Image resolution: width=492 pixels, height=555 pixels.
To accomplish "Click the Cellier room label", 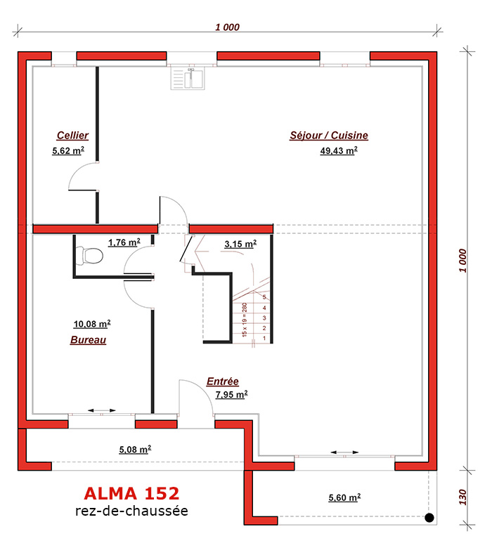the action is (72, 135).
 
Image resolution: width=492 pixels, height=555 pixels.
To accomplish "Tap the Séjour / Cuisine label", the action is (329, 135).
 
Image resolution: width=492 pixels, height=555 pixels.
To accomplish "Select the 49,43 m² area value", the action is (339, 151).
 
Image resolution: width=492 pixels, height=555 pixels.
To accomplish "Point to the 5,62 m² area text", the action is (68, 151).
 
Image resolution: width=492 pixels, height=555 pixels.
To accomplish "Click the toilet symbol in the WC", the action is (90, 256).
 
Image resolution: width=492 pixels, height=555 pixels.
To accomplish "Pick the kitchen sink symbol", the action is (188, 79).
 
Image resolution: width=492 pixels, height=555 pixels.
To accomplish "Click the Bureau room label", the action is (88, 340).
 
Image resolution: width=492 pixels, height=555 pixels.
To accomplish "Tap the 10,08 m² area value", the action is (92, 324).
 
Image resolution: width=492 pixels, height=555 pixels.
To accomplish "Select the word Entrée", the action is (222, 381).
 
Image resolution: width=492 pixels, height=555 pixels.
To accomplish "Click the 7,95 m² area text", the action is (232, 394).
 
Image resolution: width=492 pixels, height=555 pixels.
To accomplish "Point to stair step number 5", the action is (264, 297).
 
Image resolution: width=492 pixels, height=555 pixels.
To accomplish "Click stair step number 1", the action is (264, 339).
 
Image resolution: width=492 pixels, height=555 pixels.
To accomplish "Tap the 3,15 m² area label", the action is (240, 244).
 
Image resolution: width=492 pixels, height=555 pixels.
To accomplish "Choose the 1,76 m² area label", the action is (124, 242).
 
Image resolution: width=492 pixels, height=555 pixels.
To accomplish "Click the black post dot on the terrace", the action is (429, 518).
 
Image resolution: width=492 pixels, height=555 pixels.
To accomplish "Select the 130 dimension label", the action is (462, 497).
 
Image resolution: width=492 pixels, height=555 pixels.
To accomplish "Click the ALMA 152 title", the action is (131, 493).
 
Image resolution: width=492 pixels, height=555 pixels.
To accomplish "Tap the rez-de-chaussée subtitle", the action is (131, 511).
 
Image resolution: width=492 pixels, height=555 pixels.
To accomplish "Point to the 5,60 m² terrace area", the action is (344, 497).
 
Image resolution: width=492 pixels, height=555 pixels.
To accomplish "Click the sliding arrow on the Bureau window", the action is (102, 410).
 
